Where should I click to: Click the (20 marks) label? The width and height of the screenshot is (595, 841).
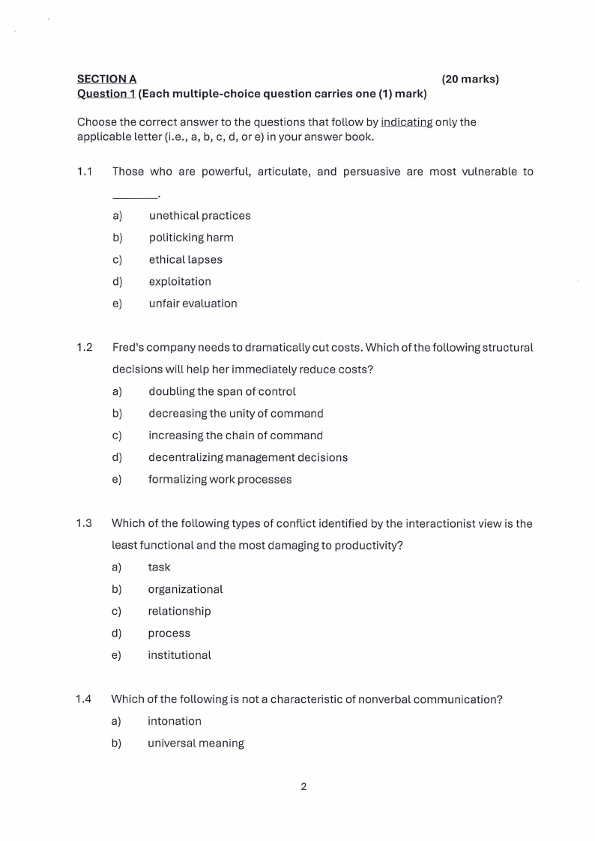click(x=470, y=79)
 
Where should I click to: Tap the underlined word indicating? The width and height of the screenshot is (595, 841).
click(x=406, y=122)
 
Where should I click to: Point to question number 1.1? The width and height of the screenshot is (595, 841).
click(x=85, y=172)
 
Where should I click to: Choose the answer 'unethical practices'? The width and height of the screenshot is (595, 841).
click(x=199, y=216)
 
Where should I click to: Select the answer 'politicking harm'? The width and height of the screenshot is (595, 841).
click(x=191, y=238)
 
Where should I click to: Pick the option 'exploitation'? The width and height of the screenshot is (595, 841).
click(x=180, y=282)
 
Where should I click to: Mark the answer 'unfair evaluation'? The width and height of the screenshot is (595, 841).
click(x=193, y=304)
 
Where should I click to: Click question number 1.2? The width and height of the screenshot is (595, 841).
click(x=85, y=348)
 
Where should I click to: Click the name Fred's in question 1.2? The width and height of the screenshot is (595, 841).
click(x=129, y=348)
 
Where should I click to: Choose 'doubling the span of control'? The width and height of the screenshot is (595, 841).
click(x=222, y=391)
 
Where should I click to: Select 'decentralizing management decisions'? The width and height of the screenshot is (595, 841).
click(x=248, y=457)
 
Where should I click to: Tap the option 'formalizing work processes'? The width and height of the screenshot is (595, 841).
click(x=220, y=479)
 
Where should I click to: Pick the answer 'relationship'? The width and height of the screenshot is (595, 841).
click(x=179, y=611)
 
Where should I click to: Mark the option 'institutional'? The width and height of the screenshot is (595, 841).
click(x=179, y=655)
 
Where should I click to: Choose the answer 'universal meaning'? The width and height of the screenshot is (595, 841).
click(x=196, y=744)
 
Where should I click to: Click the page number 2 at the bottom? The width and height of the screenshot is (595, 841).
click(x=303, y=786)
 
